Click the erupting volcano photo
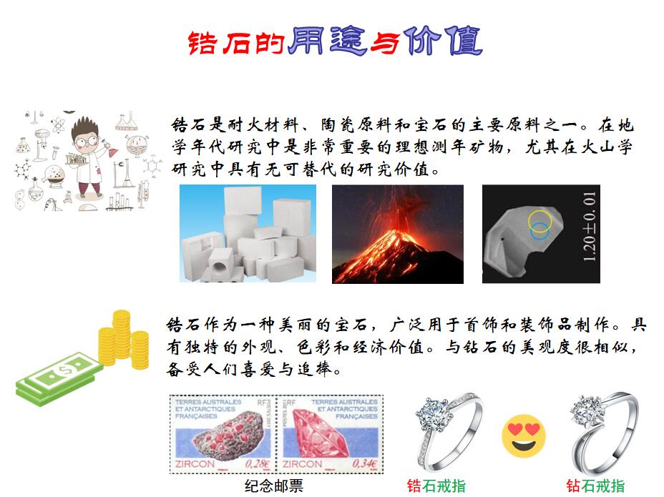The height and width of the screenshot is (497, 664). (x=398, y=234)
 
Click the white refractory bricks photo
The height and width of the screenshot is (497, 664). (x=248, y=234)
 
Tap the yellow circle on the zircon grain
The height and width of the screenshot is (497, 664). (x=540, y=221)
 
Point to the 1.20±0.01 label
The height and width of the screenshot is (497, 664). (x=589, y=227)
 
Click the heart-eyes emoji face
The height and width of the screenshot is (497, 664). (x=524, y=436)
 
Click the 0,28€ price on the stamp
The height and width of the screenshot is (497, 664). (x=258, y=463)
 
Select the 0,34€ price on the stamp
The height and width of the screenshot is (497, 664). (x=365, y=463)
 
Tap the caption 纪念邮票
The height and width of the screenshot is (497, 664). (x=273, y=486)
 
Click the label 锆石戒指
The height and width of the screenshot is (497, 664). (x=436, y=486)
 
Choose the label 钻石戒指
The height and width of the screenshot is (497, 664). (x=595, y=486)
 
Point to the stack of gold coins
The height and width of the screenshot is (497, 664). (x=124, y=340)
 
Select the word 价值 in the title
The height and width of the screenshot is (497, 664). (x=442, y=41)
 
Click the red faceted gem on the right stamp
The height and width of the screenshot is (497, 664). (x=322, y=438)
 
